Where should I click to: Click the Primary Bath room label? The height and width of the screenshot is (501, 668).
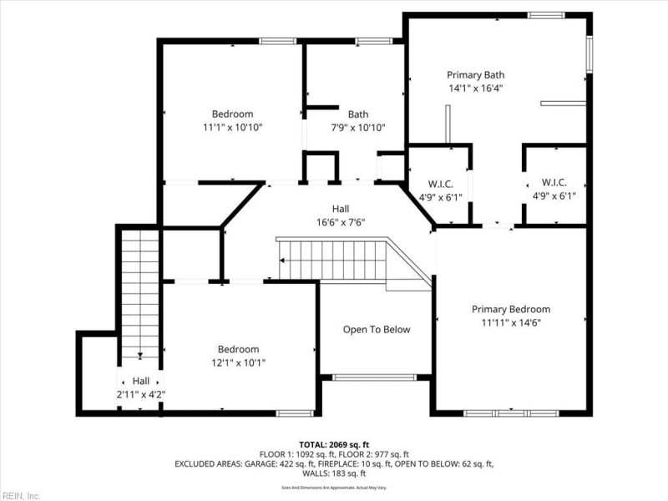coord(475,74)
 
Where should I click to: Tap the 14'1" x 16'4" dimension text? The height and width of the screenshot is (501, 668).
coord(475,87)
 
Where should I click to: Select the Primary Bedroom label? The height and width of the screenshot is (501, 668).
coord(510,309)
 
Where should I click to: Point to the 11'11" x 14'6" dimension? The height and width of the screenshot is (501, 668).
coord(510,322)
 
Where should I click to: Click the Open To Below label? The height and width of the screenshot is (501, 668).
coord(377,329)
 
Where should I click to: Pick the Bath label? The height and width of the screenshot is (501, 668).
coord(358,114)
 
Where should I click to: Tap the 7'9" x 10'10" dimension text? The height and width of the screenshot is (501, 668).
coord(358,128)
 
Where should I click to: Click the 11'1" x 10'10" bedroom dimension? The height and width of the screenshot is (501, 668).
coord(232,128)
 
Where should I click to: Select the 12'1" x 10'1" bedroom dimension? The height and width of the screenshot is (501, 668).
coord(238,362)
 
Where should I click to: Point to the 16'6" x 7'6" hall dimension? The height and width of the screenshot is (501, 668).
coord(341,222)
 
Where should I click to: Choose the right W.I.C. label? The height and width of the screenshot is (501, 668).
coord(555,184)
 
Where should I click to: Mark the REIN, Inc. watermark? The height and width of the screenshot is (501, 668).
coord(21,495)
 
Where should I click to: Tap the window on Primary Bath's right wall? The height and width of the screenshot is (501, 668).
coord(589,54)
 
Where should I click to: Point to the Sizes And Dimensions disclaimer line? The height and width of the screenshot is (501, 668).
coord(334,487)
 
